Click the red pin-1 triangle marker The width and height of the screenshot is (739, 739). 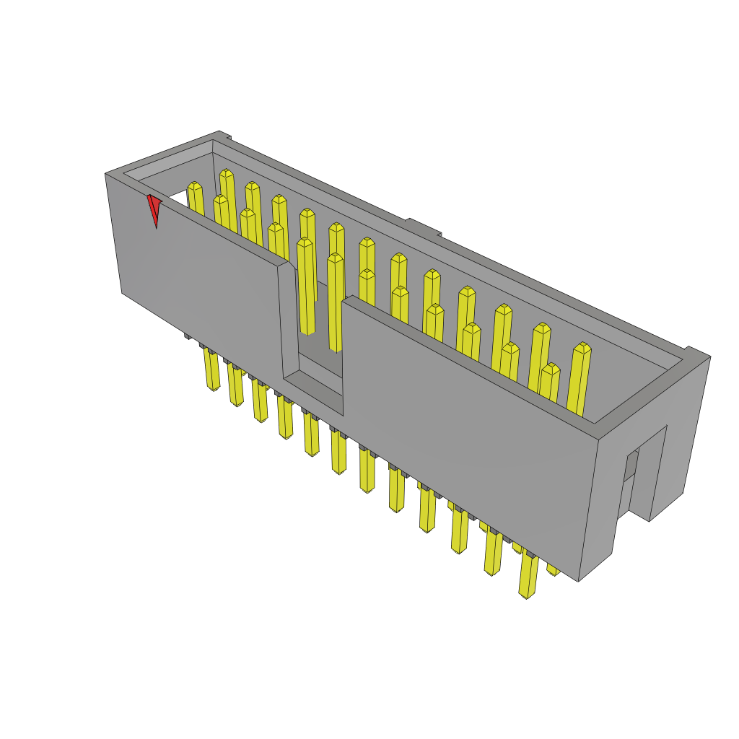(x=154, y=209)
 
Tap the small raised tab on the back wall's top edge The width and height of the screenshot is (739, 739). (x=423, y=227)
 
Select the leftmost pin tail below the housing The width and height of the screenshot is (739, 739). (x=211, y=369)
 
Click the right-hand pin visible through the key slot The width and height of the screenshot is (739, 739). (x=334, y=303)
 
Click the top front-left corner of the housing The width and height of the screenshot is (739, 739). (x=106, y=174)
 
